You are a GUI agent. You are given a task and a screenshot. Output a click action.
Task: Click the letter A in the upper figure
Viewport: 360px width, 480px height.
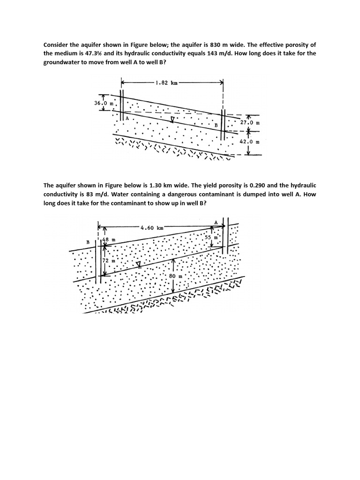click(127, 119)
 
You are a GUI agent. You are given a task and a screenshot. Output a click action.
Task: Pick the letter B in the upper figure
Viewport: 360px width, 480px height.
click(216, 126)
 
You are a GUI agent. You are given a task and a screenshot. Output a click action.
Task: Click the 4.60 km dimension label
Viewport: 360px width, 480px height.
click(152, 227)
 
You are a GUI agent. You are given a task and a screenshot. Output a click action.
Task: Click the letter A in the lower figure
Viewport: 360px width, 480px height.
click(216, 222)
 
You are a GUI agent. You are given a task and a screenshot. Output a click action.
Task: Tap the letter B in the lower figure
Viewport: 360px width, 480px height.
click(87, 242)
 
